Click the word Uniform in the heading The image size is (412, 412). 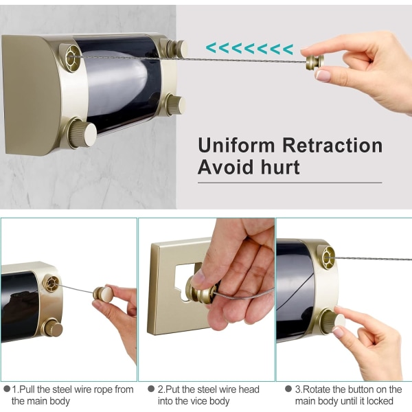pos(236,146)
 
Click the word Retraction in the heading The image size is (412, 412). pos(332,146)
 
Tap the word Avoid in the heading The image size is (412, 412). pos(227,167)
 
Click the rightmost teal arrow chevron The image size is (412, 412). pos(288,49)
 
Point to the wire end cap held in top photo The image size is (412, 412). pos(314,62)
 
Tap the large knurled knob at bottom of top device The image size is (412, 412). pos(82,133)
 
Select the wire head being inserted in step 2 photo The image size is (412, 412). pos(202,290)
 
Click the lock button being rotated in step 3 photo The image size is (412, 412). pos(332,321)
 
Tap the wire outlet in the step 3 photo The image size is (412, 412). pos(328,257)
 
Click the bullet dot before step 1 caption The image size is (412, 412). pos(7,389)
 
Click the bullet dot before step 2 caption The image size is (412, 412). pos(151,389)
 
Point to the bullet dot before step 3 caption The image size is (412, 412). pos(288,389)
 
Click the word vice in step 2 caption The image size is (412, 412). pos(193,401)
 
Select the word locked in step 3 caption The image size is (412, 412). pos(380,401)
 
